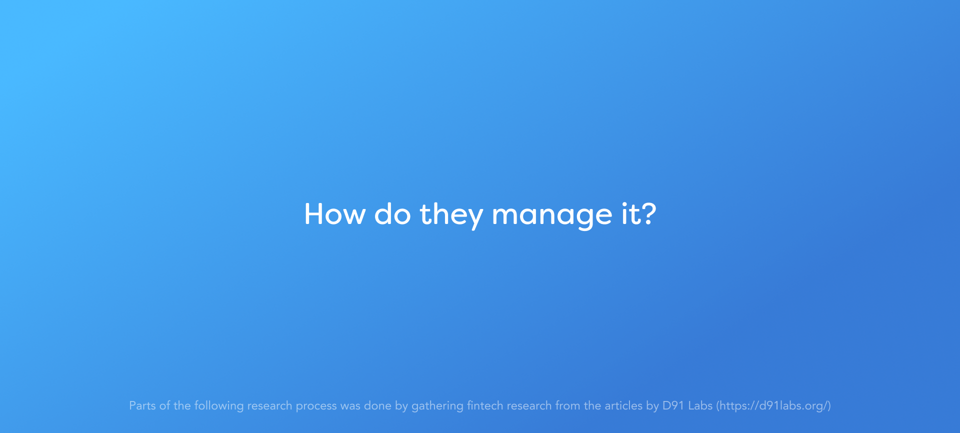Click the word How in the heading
(x=335, y=214)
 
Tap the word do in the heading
(x=392, y=214)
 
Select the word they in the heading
(x=451, y=215)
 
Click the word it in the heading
(x=629, y=214)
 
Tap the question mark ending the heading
(x=648, y=214)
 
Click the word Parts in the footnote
(x=142, y=405)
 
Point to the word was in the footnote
(x=350, y=406)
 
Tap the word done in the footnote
(x=377, y=405)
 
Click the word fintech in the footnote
(x=485, y=405)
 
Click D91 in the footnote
(x=673, y=405)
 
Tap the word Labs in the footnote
(x=700, y=405)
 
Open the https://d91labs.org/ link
(x=773, y=406)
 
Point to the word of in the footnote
(x=164, y=405)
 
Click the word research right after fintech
(x=529, y=405)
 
